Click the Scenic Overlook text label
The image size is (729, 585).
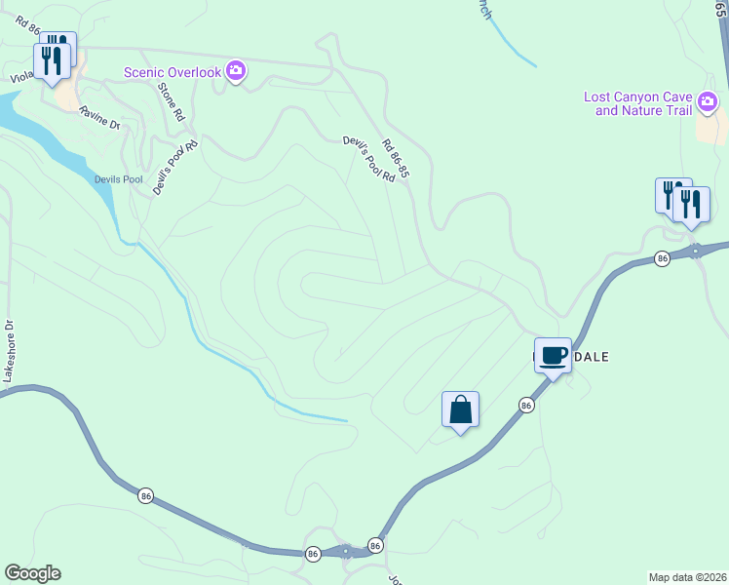tap(172, 72)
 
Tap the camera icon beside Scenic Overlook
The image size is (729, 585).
tap(235, 71)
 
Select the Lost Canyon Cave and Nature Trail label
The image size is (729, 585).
tap(636, 103)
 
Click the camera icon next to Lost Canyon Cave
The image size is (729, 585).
tap(709, 100)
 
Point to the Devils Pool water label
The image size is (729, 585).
tap(119, 179)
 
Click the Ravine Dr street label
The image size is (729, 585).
tap(99, 118)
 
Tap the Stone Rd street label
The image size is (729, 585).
tap(171, 100)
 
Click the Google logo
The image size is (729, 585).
tap(32, 573)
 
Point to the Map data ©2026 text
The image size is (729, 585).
tap(687, 577)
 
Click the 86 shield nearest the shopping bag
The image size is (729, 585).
tap(526, 405)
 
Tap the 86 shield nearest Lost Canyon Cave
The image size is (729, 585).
tap(662, 258)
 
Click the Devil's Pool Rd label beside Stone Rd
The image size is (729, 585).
tap(176, 168)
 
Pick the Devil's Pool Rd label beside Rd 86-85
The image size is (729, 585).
tap(368, 159)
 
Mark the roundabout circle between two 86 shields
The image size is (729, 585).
tap(347, 551)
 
